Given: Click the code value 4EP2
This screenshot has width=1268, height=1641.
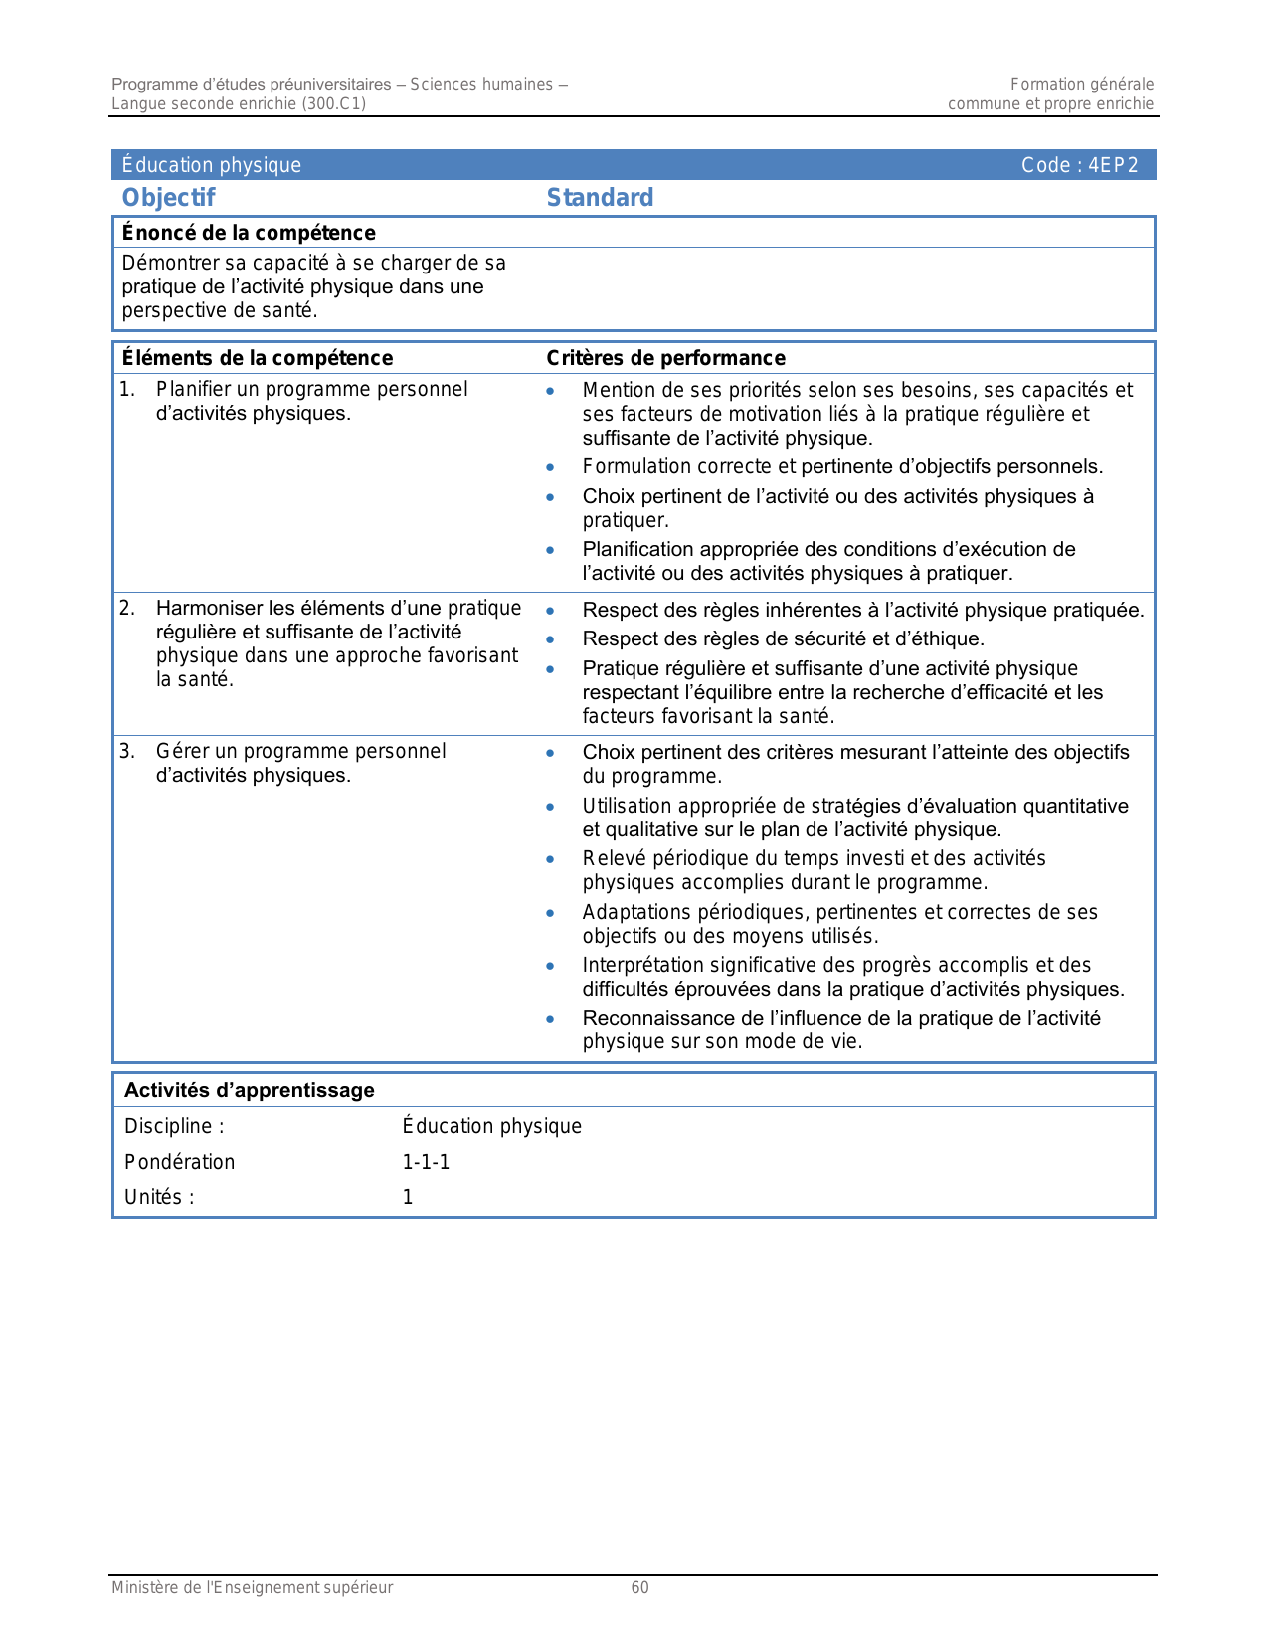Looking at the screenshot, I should click(x=1113, y=165).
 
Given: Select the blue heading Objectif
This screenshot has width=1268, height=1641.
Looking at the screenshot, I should click(x=168, y=198).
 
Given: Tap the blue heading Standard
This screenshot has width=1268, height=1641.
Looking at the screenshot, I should click(x=600, y=198).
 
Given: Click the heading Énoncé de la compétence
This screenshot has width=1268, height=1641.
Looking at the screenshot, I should click(x=249, y=233).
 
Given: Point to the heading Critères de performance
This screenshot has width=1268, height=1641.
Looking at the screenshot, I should click(x=665, y=358).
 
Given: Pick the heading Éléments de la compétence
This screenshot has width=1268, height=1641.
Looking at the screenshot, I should click(x=257, y=358).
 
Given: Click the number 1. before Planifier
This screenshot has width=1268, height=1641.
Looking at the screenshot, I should click(x=127, y=389).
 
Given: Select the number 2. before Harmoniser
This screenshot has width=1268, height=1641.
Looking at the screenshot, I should click(x=127, y=608).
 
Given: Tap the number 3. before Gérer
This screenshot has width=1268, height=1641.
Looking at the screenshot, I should click(x=127, y=751).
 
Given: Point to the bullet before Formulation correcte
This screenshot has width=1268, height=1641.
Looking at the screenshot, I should click(x=550, y=467).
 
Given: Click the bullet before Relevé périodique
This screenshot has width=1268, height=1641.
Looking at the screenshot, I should click(x=550, y=859).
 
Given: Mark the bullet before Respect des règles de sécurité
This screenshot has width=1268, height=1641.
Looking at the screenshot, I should click(x=550, y=639).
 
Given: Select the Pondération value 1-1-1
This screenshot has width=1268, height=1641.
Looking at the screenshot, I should click(x=426, y=1162).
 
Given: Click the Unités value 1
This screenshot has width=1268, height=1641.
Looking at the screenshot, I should click(x=408, y=1197).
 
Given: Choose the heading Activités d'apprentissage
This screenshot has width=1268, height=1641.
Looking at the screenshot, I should click(x=249, y=1090).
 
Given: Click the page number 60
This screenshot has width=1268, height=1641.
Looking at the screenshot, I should click(x=639, y=1587).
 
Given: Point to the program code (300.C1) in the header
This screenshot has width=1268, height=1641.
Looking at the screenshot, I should click(x=333, y=103).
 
